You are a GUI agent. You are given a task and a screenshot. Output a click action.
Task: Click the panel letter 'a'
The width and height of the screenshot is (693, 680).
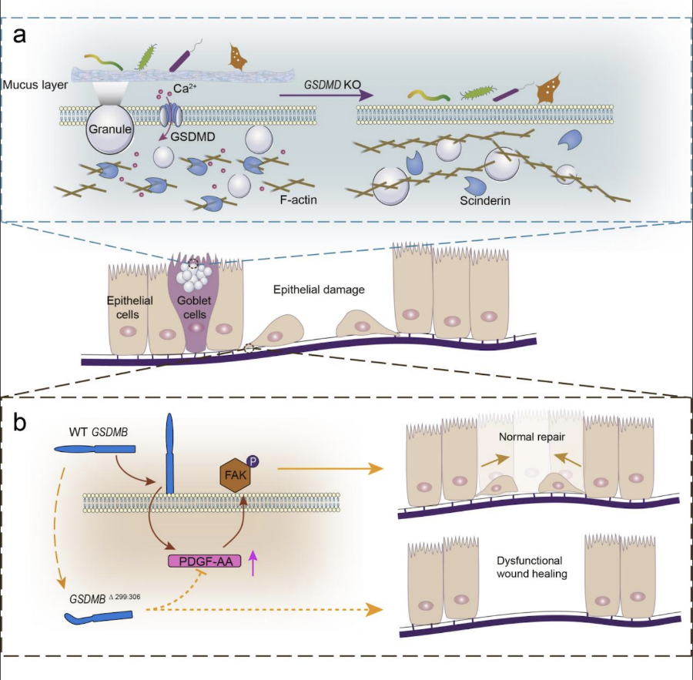click(x=20, y=36)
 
